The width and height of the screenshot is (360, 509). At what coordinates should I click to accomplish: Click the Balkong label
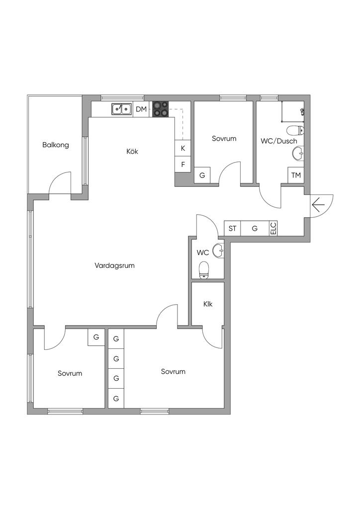pyautogui.click(x=56, y=145)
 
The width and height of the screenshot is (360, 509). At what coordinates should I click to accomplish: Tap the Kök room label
pyautogui.click(x=132, y=151)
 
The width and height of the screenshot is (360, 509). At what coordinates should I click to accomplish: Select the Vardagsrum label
pyautogui.click(x=114, y=265)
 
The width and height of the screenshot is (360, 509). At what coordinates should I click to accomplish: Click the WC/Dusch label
pyautogui.click(x=279, y=141)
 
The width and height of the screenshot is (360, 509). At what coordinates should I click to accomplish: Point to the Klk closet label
pyautogui.click(x=208, y=304)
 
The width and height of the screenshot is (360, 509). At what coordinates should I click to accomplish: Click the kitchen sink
pyautogui.click(x=121, y=108)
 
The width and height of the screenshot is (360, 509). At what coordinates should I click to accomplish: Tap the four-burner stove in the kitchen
pyautogui.click(x=160, y=109)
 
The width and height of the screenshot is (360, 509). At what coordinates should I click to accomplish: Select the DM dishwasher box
pyautogui.click(x=142, y=109)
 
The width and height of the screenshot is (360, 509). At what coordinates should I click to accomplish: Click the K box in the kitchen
pyautogui.click(x=183, y=148)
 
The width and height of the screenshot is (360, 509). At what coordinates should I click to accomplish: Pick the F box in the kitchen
pyautogui.click(x=183, y=165)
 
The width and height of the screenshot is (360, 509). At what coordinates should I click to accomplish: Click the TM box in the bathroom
pyautogui.click(x=296, y=175)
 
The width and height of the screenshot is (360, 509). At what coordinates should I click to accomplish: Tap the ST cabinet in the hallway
pyautogui.click(x=233, y=228)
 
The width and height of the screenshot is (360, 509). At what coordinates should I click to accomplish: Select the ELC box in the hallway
pyautogui.click(x=273, y=228)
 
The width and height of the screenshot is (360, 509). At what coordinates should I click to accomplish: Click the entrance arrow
pyautogui.click(x=318, y=204)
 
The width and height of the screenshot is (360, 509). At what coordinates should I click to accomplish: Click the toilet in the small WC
pyautogui.click(x=203, y=271)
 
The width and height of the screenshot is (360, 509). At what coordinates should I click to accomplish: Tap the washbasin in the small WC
pyautogui.click(x=218, y=252)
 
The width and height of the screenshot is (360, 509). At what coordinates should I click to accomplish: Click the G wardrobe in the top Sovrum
pyautogui.click(x=202, y=175)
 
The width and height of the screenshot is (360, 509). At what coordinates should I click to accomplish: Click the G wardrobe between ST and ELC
pyautogui.click(x=255, y=228)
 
